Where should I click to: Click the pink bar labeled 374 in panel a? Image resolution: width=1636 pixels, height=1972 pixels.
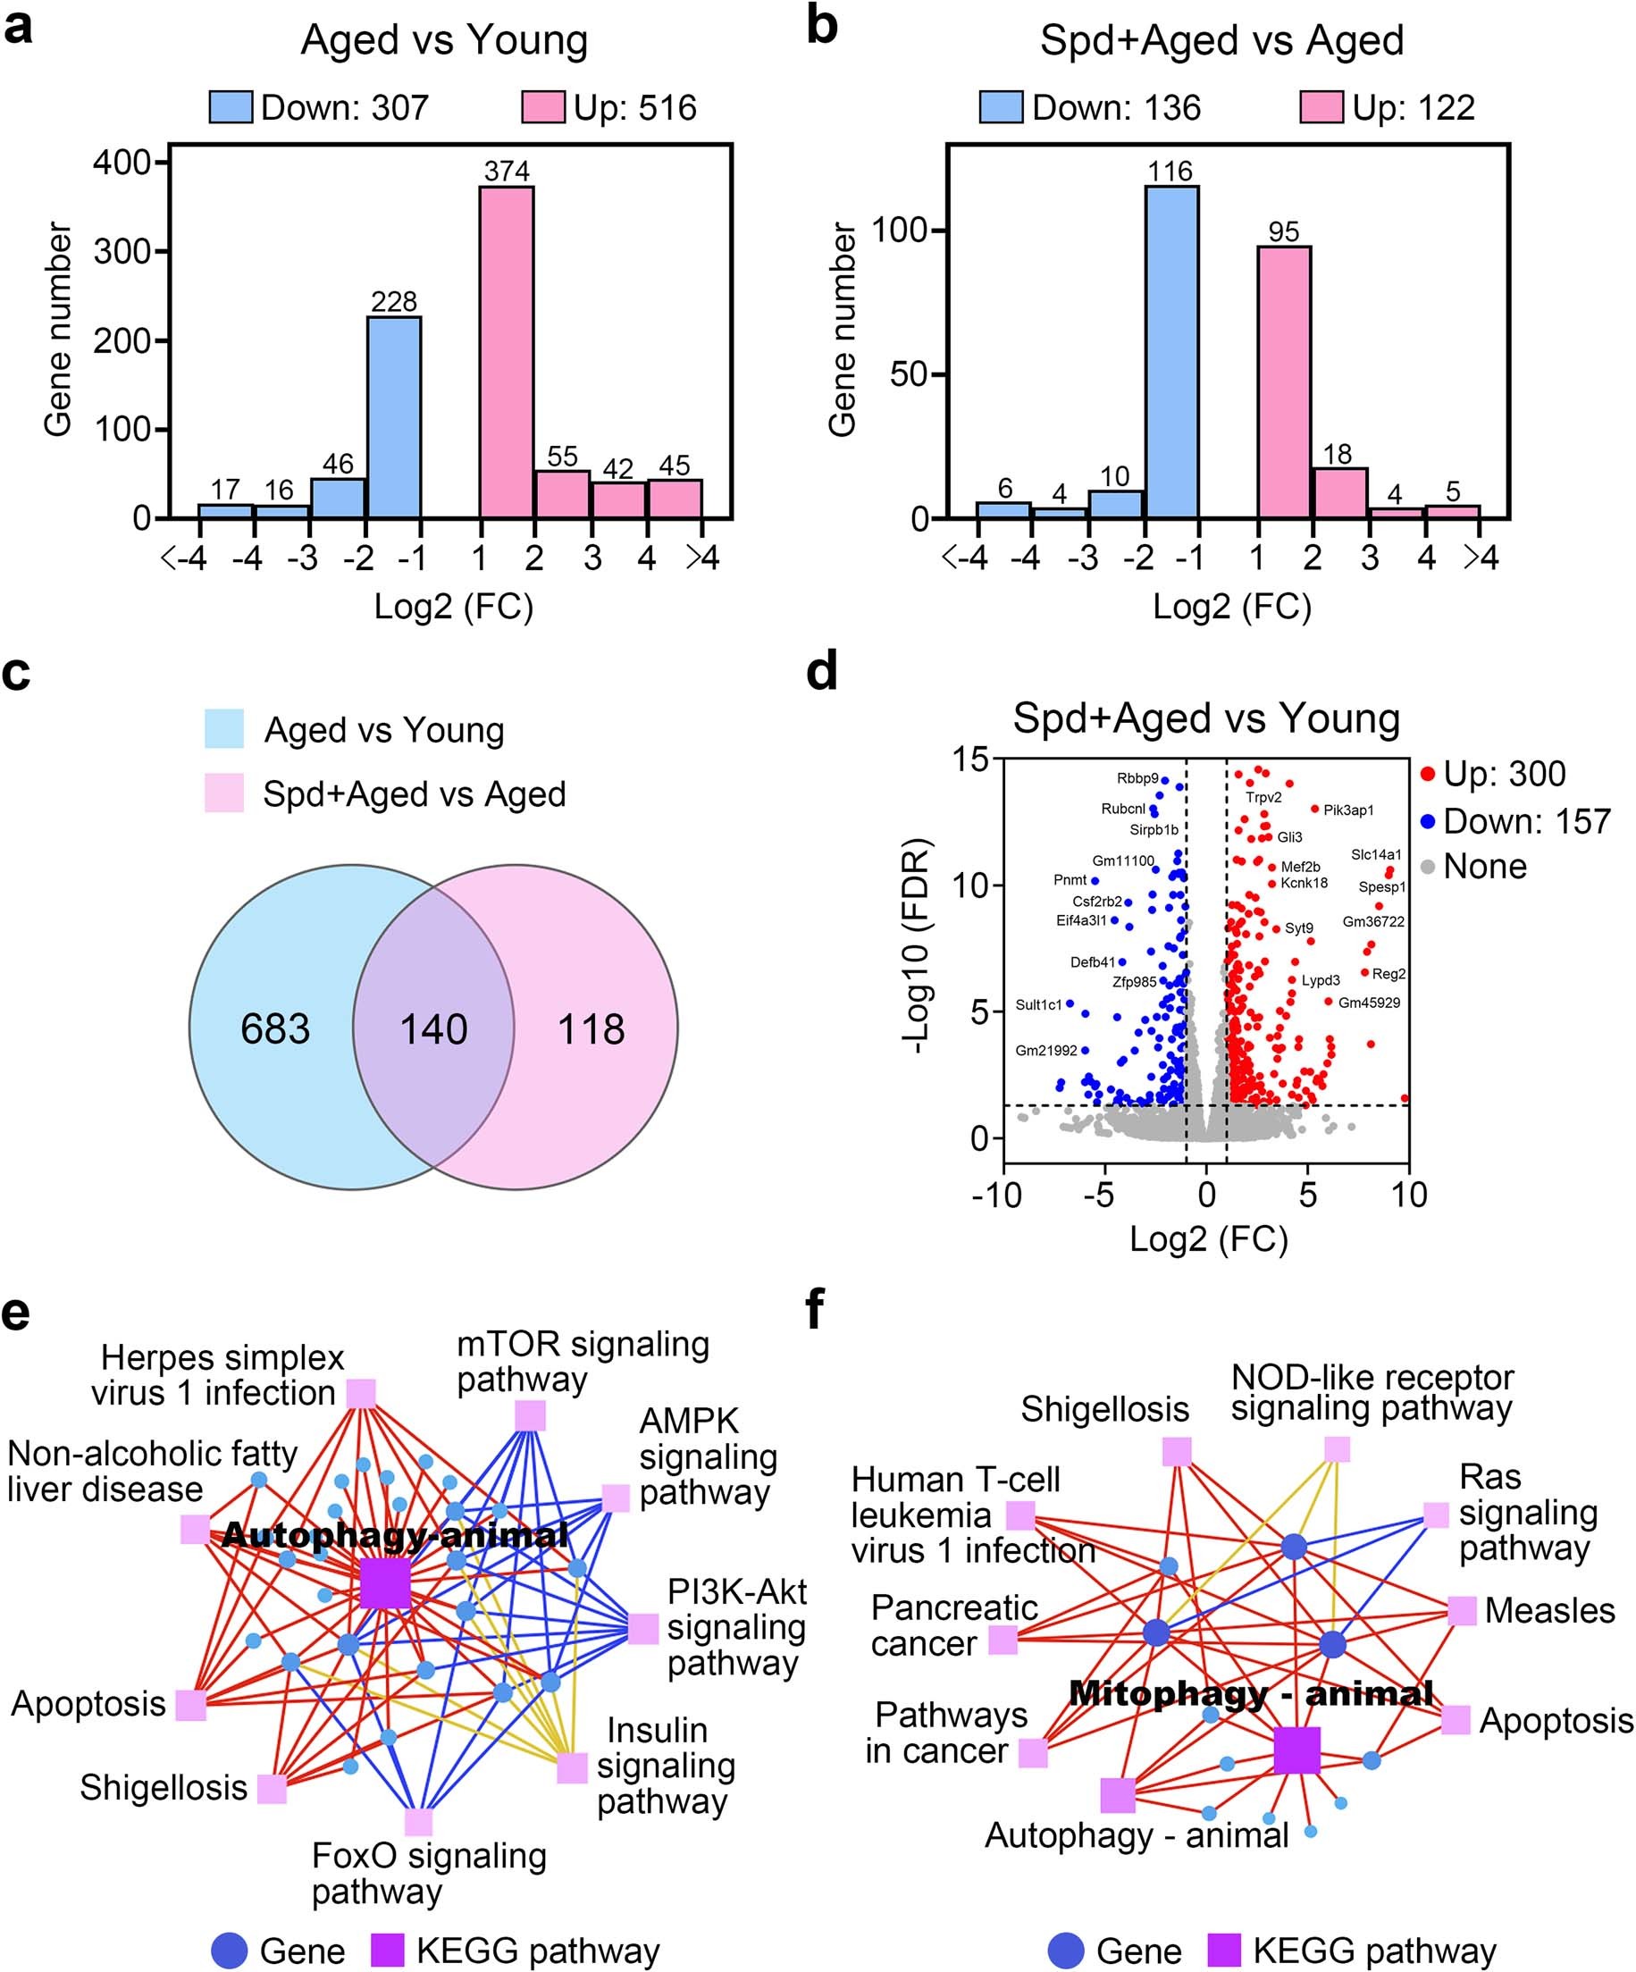click(x=507, y=352)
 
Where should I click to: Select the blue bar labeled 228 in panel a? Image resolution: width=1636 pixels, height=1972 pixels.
click(x=393, y=417)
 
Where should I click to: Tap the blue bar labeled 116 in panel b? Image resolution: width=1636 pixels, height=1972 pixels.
click(x=1170, y=352)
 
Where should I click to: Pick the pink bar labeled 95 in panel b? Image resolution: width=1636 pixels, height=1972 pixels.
click(x=1283, y=382)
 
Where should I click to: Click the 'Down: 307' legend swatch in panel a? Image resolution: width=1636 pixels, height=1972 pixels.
click(x=231, y=107)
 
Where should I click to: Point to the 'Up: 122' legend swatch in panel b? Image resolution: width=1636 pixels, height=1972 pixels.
click(x=1321, y=107)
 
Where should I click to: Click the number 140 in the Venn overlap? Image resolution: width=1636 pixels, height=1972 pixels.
click(x=434, y=1029)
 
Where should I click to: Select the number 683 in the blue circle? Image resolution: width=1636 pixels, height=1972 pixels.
click(x=275, y=1029)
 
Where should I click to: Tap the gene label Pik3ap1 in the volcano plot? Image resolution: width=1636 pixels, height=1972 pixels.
click(x=1347, y=810)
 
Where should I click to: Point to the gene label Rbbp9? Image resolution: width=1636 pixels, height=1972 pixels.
click(x=1137, y=778)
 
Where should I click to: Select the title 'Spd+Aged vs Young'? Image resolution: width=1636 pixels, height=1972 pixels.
click(x=1206, y=718)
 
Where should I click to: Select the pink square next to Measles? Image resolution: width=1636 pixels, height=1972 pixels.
click(x=1461, y=1611)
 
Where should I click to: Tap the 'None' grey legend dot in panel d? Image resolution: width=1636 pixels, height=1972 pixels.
click(x=1428, y=868)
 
